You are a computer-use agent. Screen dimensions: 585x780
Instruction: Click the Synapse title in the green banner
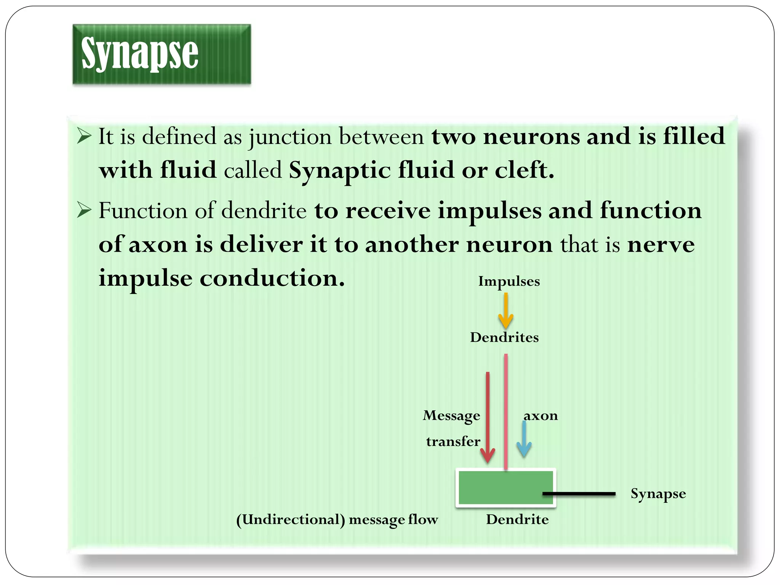coord(140,53)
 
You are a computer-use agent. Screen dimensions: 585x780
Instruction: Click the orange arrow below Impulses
coord(506,311)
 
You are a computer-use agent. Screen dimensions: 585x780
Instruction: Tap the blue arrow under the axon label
coord(524,440)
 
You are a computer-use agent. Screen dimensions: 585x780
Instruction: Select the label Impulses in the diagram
coord(509,281)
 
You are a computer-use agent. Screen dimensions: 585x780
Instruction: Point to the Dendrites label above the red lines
coord(504,337)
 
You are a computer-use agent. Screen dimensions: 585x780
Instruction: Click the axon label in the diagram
coord(540,416)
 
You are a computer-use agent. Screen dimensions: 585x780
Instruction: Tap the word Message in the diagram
coord(451,416)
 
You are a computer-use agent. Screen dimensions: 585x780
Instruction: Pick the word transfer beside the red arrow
coord(453,441)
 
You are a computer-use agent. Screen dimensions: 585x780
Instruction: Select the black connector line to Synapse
coord(579,494)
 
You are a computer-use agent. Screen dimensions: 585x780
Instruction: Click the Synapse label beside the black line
coord(658,494)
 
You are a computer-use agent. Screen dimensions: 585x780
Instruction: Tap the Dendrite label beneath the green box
coord(517,519)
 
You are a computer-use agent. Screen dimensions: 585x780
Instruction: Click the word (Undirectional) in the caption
coord(291,520)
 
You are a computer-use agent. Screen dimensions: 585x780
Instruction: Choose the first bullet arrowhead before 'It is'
coord(84,136)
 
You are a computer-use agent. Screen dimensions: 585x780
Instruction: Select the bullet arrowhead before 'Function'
coord(84,210)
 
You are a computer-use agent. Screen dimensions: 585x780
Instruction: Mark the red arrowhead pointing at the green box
coord(487,455)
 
